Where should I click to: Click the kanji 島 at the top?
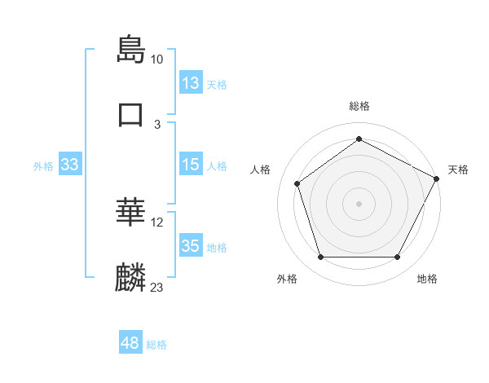(131, 50)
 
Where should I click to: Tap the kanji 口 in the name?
(131, 114)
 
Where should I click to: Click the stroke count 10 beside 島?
(157, 59)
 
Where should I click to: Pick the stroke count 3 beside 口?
(157, 124)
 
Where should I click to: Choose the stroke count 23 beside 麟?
(157, 288)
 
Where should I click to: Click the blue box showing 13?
(191, 83)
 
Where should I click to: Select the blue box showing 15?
(191, 165)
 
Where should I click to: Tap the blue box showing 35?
(191, 246)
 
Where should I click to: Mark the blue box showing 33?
(70, 165)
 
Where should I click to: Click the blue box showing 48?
(130, 344)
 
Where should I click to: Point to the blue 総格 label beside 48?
(156, 345)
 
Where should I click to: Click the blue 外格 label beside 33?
(43, 165)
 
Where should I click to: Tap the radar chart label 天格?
(458, 169)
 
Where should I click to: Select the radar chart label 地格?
(427, 279)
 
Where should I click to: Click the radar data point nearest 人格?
(297, 183)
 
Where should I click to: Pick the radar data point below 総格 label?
(359, 139)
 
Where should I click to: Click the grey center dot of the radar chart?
(359, 203)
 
